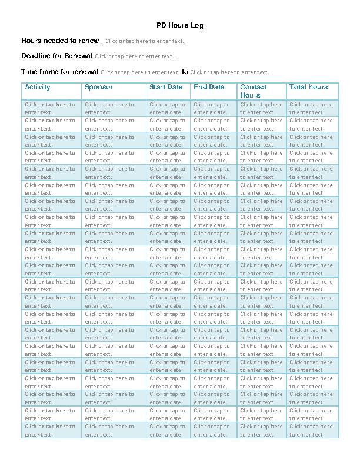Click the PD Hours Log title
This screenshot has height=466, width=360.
coord(180,26)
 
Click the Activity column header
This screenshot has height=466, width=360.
coord(38,87)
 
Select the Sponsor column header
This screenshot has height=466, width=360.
coord(99,87)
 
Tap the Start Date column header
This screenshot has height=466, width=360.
coord(166,87)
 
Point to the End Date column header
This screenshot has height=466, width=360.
coord(209,87)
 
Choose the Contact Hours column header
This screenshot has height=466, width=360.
coord(253,91)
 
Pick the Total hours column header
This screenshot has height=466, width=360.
coord(308,87)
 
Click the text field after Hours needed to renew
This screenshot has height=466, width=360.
coord(145,41)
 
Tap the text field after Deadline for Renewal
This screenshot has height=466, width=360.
coord(134,56)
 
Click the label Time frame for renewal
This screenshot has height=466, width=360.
coord(59,72)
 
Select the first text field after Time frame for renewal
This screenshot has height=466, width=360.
coord(140,72)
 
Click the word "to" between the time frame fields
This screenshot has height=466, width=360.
coord(185,72)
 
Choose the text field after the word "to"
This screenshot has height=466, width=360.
coord(229,72)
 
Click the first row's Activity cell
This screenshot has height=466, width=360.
coord(50,108)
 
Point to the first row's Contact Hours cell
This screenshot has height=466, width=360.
coord(261,108)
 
